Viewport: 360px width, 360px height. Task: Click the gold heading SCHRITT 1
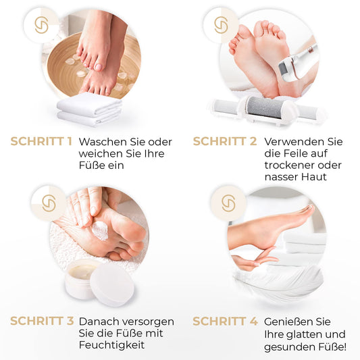point(41,141)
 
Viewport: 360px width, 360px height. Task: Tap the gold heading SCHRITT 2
point(225,141)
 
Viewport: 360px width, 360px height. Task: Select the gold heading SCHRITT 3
point(42,321)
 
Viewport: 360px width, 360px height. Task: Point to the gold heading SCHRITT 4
point(225,321)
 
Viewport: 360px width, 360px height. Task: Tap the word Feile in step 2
point(296,153)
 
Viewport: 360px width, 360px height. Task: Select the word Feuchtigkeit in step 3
point(112,345)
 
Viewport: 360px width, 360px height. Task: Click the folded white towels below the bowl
point(89,109)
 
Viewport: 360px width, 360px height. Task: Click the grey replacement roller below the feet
point(266,107)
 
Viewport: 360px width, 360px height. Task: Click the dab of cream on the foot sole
point(101,230)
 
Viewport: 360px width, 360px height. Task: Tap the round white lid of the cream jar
point(113,285)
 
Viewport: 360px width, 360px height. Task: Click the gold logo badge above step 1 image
point(42,25)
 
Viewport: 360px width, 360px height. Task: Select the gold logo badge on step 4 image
point(228,203)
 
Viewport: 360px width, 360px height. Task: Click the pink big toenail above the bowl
point(98,67)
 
